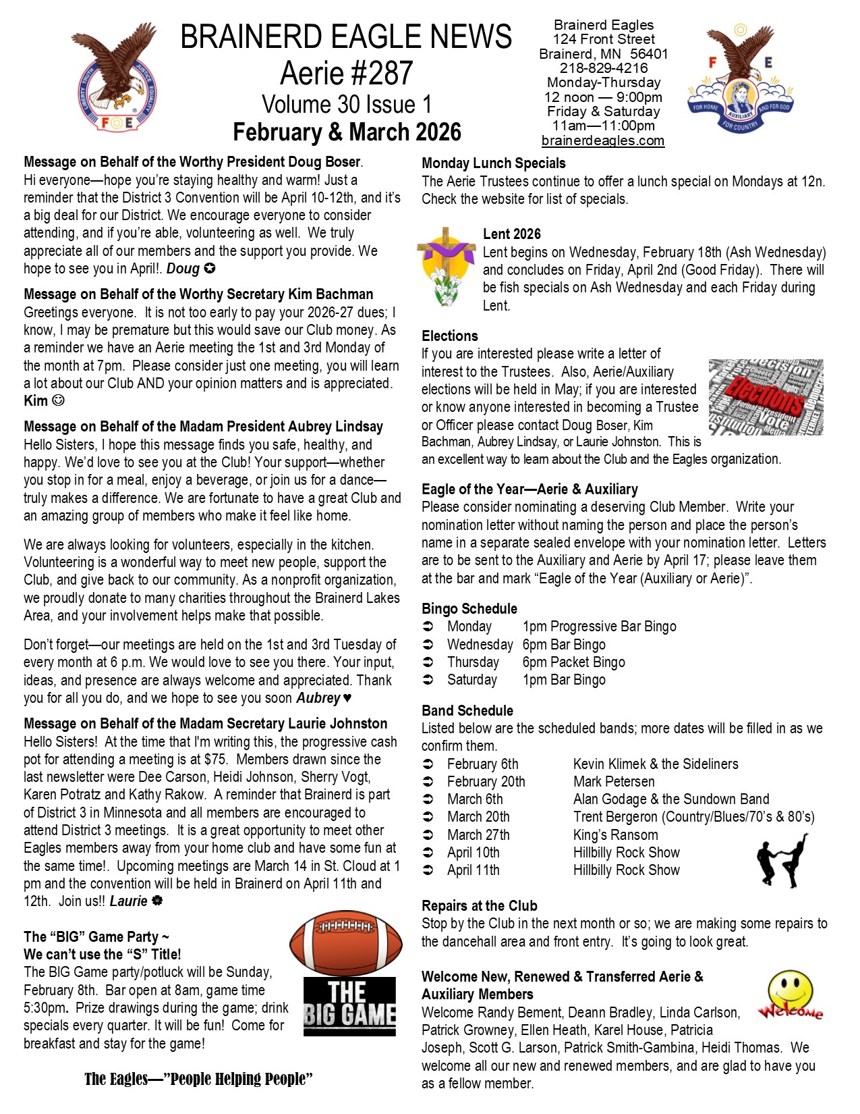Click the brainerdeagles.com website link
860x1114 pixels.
click(602, 140)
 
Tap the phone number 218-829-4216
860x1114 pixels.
click(603, 68)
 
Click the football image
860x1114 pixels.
click(346, 942)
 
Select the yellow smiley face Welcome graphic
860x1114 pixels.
click(789, 996)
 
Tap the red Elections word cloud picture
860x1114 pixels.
click(766, 397)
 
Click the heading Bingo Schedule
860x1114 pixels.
click(469, 608)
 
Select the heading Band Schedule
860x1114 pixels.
click(467, 710)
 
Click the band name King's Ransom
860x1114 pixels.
click(615, 834)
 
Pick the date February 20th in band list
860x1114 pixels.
click(486, 781)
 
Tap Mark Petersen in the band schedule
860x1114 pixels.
click(613, 781)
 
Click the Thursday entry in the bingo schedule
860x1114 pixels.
click(473, 662)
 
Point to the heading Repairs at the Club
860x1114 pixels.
click(479, 905)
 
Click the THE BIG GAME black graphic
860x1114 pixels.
click(349, 1006)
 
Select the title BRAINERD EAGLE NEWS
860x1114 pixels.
click(346, 36)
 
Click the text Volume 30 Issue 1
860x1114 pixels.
click(346, 104)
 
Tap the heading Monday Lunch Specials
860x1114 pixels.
click(493, 163)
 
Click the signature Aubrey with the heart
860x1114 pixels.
click(324, 697)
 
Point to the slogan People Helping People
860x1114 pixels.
click(198, 1079)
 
